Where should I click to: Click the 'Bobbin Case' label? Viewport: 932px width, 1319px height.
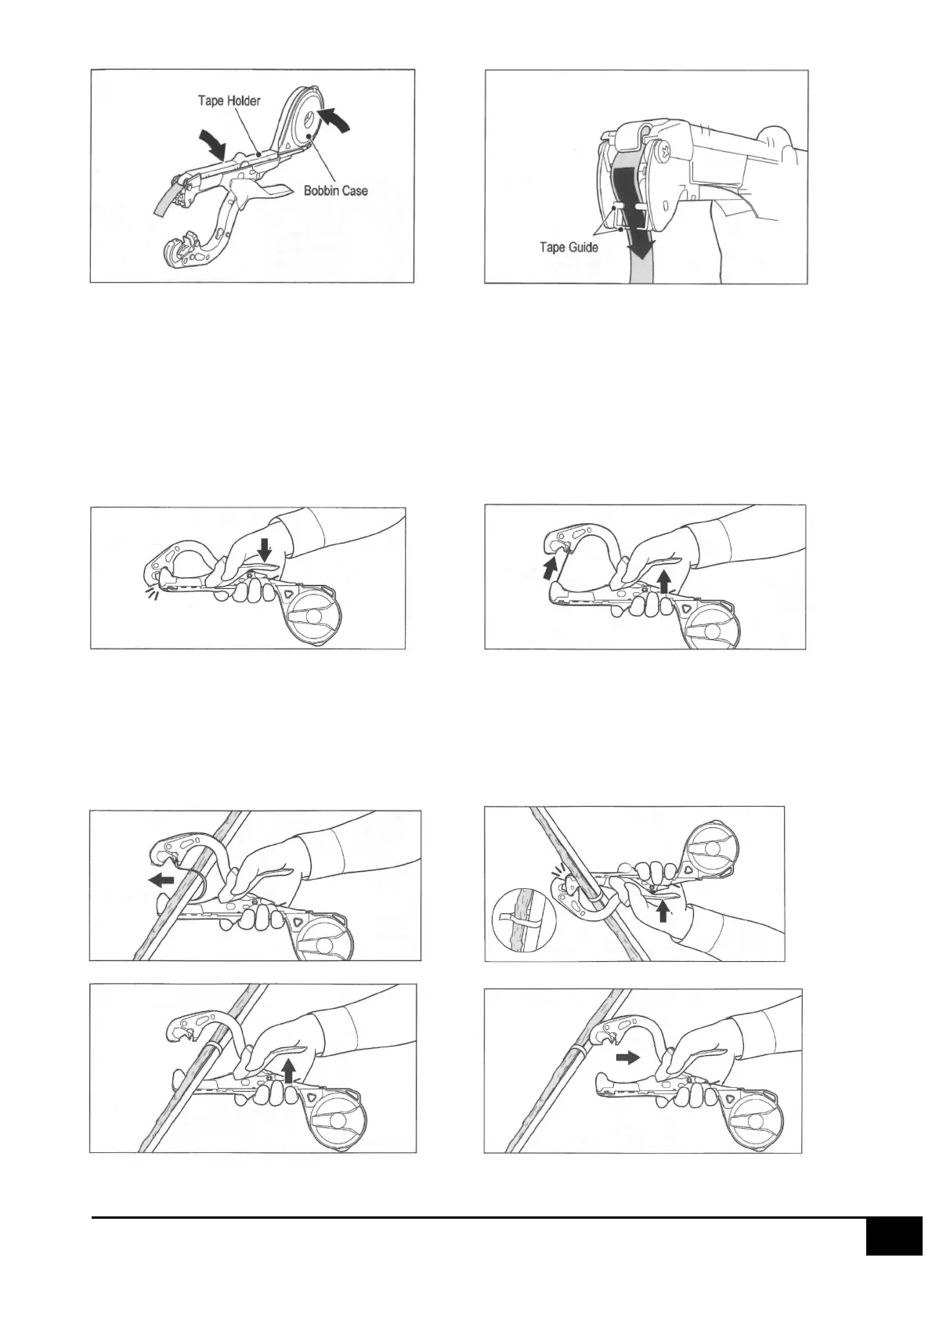pos(335,190)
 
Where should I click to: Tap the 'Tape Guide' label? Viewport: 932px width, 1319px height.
pos(569,248)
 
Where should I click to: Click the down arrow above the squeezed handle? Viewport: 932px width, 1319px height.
pos(265,551)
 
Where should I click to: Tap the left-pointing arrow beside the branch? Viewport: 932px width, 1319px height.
pos(161,880)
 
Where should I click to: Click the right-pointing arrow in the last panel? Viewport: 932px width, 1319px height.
pos(626,1057)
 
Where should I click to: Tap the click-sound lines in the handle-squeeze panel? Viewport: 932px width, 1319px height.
pos(147,596)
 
